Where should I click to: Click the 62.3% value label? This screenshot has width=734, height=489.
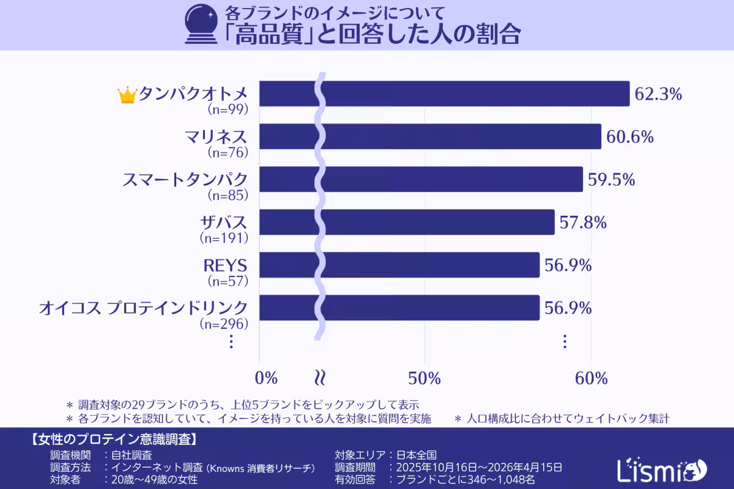click(x=658, y=94)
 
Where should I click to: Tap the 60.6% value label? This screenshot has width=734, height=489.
click(x=630, y=137)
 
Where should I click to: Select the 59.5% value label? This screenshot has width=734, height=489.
click(x=612, y=180)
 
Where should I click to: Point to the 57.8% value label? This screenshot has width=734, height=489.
click(x=583, y=222)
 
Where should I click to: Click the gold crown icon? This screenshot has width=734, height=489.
click(x=127, y=95)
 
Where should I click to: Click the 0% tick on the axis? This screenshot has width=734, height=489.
click(x=266, y=378)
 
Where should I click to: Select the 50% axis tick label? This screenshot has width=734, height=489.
click(x=424, y=378)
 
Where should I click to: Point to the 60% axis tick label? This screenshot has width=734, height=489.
click(x=591, y=378)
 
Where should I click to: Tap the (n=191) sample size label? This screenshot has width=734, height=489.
click(x=224, y=238)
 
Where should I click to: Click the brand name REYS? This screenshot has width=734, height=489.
click(x=225, y=266)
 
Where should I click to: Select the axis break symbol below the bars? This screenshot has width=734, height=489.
click(x=319, y=377)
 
